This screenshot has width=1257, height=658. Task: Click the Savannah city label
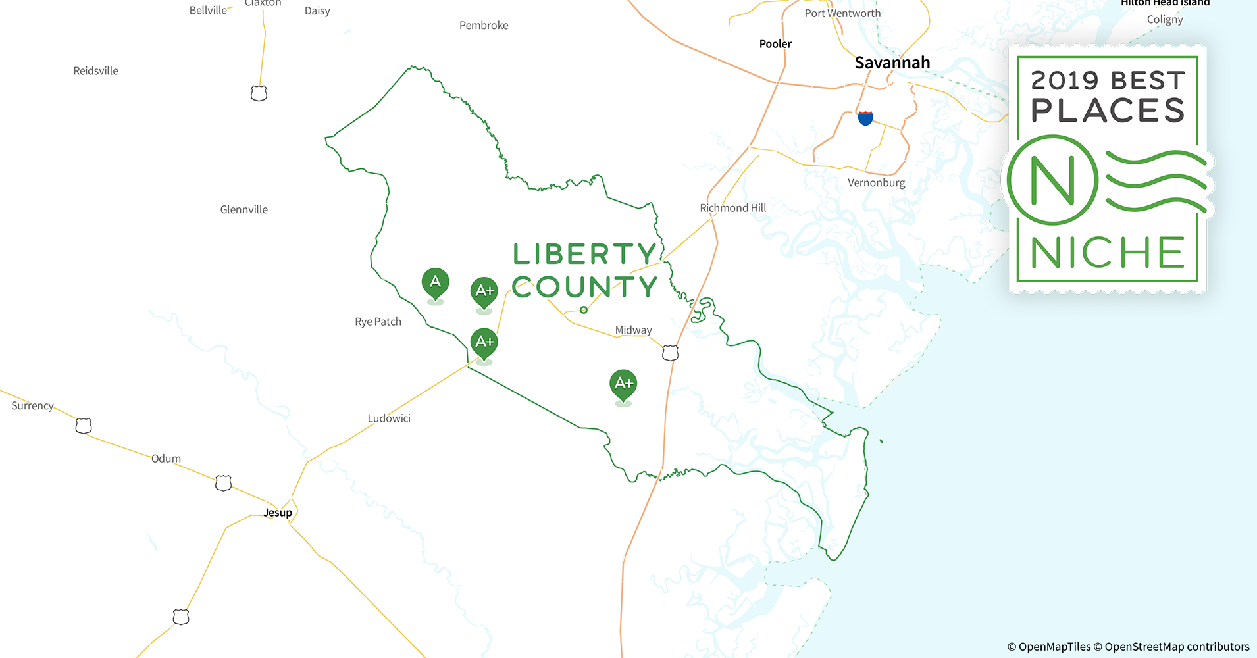892,63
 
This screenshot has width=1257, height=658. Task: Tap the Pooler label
775,44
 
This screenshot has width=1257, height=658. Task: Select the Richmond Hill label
732,208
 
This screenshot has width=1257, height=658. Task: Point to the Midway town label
633,330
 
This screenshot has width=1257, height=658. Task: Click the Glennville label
244,210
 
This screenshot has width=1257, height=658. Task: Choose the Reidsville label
96,71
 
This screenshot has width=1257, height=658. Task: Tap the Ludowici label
389,418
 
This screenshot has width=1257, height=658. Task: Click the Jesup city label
278,513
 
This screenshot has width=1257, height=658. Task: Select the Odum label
166,459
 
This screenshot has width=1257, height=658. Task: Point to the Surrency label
32,406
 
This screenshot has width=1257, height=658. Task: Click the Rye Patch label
378,322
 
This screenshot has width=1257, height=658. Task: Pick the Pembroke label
484,26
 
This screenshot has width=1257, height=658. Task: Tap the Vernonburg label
876,183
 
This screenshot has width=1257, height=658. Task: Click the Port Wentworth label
842,13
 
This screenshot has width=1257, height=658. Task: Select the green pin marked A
435,283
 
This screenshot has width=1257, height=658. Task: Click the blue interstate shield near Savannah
865,118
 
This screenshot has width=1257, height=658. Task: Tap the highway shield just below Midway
670,353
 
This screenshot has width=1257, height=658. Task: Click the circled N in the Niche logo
1052,180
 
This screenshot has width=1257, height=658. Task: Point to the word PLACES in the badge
1108,111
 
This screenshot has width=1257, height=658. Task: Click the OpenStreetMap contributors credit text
1177,647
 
